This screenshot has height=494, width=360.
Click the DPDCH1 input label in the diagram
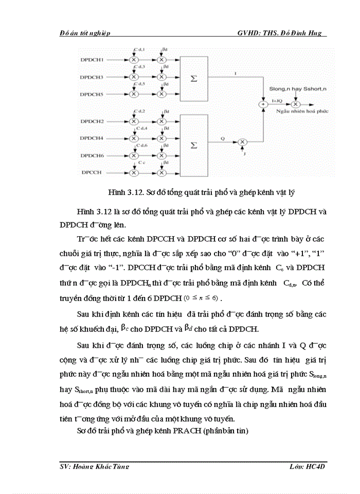(x=92, y=60)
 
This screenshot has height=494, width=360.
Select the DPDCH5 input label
(x=92, y=95)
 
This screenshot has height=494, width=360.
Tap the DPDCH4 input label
(x=92, y=138)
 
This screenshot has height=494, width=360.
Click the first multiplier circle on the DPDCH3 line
(x=134, y=78)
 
